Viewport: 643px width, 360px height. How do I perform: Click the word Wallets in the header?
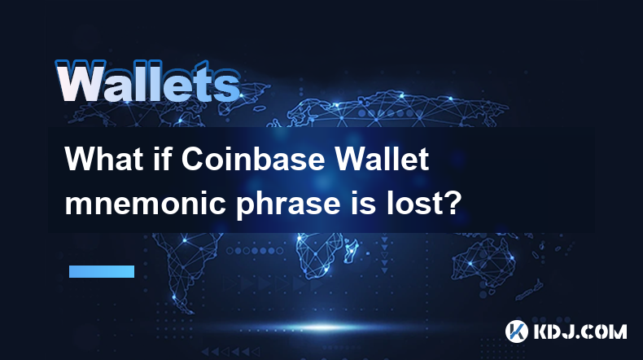[x=148, y=81]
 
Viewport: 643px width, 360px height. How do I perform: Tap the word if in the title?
[x=162, y=159]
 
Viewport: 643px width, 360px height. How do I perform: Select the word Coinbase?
[x=253, y=159]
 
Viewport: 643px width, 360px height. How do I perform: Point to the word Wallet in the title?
[x=383, y=159]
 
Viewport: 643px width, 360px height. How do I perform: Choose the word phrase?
[x=287, y=204]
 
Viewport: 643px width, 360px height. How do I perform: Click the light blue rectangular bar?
[x=102, y=271]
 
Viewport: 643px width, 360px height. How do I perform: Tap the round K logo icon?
[x=516, y=331]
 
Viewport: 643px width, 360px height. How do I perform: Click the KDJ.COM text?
[x=580, y=331]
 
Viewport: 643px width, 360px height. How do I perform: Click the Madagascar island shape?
[x=352, y=250]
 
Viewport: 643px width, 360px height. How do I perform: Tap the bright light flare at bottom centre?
[x=324, y=327]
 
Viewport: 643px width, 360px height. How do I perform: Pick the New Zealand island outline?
[x=530, y=289]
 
